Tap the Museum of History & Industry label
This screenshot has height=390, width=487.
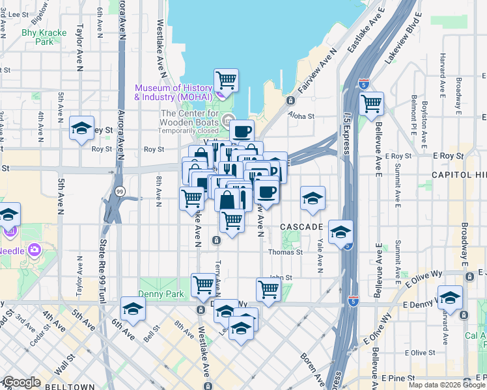click(173, 93)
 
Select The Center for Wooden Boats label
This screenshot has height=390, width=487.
click(190, 118)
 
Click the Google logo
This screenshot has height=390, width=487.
click(21, 382)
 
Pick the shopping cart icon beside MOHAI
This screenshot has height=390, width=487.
click(226, 81)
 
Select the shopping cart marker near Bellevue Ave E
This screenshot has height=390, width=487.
click(371, 103)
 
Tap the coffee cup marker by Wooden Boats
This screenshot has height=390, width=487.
click(242, 131)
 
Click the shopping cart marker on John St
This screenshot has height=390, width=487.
click(268, 289)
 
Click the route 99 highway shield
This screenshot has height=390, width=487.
click(120, 192)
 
